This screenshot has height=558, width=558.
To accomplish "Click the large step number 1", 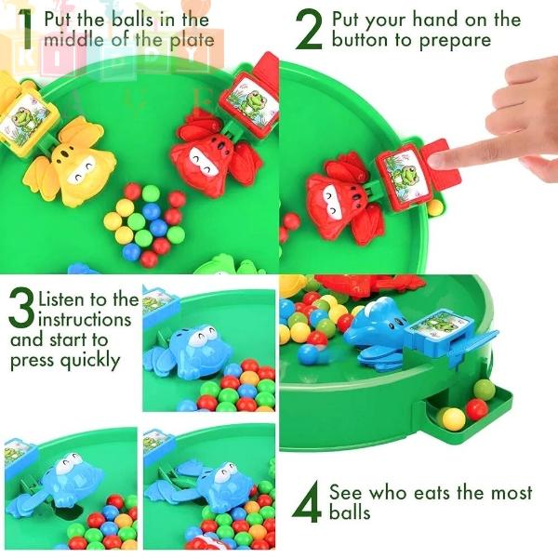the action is [26, 30].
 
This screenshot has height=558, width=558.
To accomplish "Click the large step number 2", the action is [309, 30].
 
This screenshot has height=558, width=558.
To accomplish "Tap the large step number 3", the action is [22, 307].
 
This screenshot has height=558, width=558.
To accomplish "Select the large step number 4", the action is [306, 502].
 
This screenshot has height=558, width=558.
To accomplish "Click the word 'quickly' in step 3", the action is [90, 361].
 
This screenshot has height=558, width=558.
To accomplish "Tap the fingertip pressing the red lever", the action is [438, 159].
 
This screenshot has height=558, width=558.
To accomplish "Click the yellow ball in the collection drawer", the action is [454, 418].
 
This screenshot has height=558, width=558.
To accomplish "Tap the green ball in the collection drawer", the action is [485, 391].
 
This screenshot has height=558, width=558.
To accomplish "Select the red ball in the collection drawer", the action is [477, 409].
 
